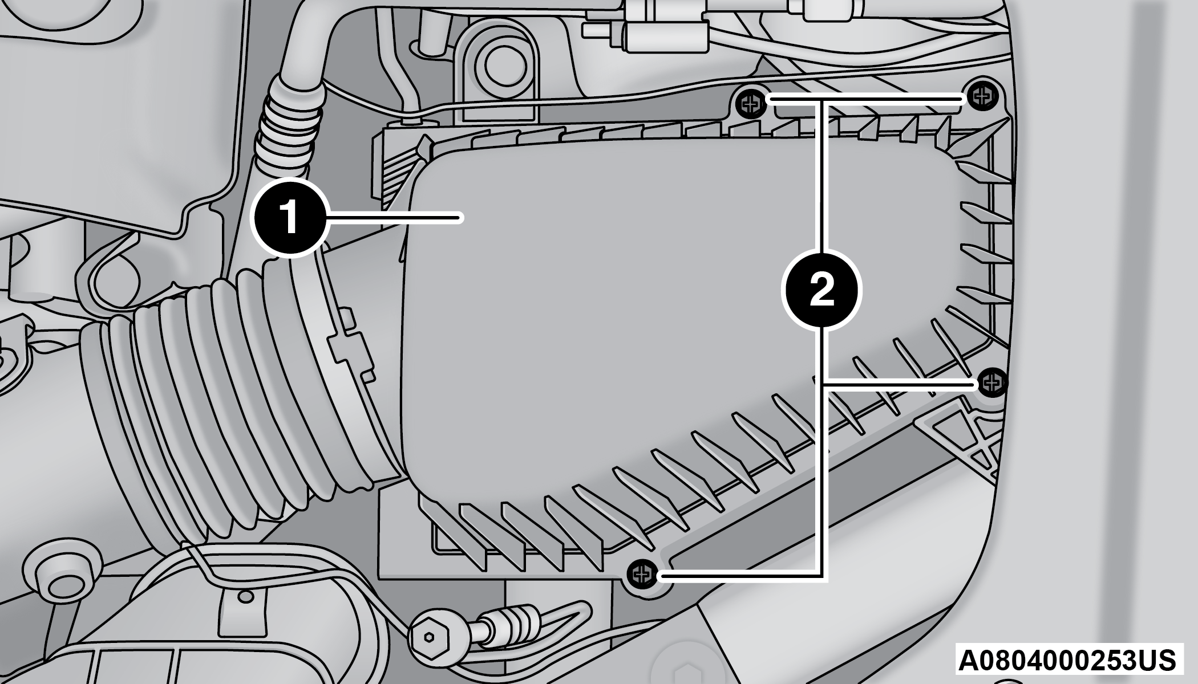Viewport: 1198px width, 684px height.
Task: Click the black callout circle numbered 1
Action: point(290,217)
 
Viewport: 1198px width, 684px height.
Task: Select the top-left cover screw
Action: point(749,103)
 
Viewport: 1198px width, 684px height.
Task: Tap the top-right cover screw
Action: point(981,96)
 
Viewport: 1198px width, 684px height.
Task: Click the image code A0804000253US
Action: point(1067,660)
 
